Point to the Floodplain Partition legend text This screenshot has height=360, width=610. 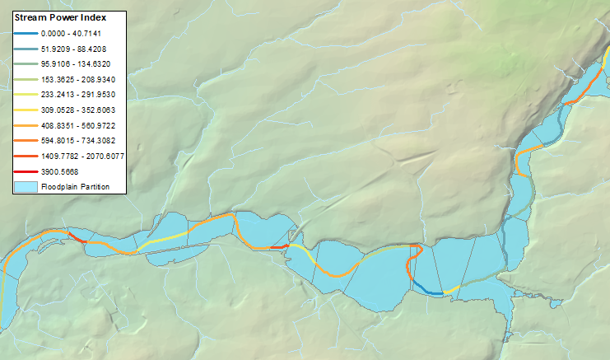(75, 186)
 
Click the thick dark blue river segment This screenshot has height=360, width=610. (426, 288)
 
